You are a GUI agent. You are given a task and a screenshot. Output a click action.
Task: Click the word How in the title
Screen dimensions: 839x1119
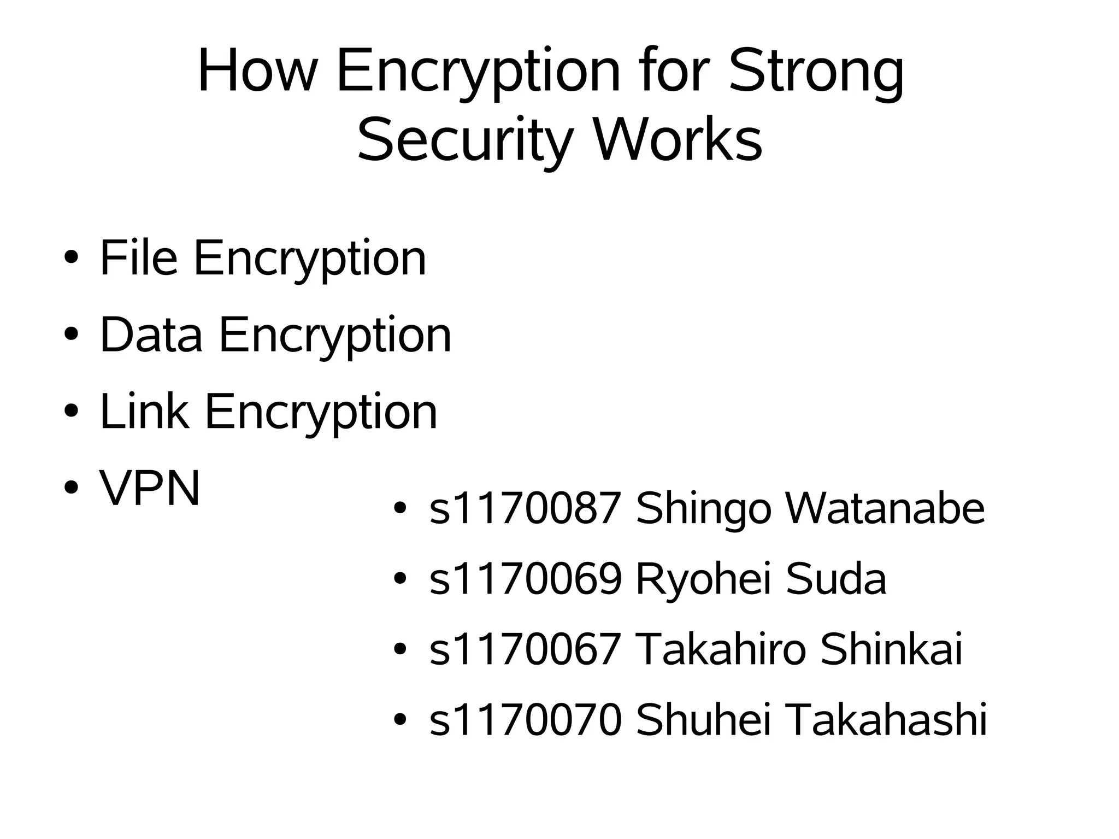coord(257,71)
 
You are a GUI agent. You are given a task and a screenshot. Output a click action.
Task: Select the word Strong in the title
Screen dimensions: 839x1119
coord(816,74)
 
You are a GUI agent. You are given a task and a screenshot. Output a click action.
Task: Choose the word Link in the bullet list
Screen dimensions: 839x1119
coord(144,411)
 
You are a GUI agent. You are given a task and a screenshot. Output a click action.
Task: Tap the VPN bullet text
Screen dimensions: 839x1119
coord(150,488)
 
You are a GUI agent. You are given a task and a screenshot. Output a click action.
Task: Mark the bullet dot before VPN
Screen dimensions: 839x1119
coord(71,488)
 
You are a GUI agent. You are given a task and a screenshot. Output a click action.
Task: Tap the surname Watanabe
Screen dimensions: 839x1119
coord(885,508)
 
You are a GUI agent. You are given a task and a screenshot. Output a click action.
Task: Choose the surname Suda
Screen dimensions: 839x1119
coord(836,579)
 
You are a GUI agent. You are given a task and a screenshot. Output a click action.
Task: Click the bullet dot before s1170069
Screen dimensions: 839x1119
coord(401,579)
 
